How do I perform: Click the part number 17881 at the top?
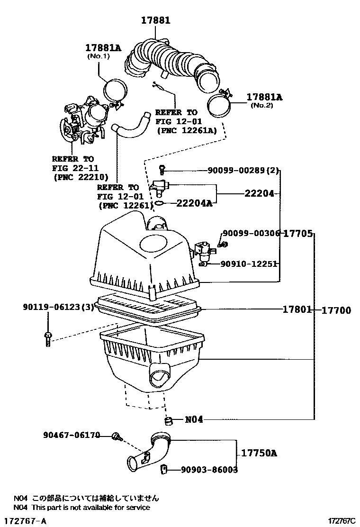pos(155,20)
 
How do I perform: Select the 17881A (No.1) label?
pos(103,48)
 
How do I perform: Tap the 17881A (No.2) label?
pos(264,97)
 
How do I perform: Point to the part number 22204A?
pos(194,204)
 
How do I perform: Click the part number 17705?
pos(298,233)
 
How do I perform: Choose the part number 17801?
pos(297,309)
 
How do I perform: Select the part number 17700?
pos(336,310)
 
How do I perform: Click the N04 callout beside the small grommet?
pos(194,419)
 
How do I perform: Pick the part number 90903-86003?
pos(209,470)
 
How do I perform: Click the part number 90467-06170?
pos(71,434)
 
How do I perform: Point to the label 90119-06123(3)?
pos(58,307)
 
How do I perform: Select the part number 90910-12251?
pos(248,264)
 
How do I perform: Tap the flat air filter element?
pos(148,309)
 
